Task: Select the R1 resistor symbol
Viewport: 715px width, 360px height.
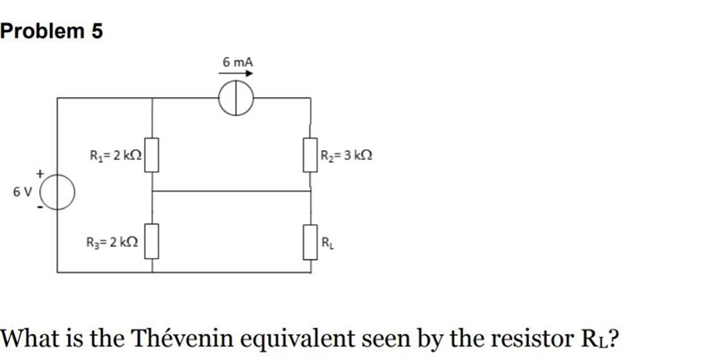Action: [x=153, y=155]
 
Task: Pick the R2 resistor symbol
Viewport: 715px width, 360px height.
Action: [x=311, y=155]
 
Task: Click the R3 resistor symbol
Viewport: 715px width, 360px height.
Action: [x=153, y=241]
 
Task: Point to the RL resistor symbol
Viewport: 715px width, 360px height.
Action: [x=311, y=241]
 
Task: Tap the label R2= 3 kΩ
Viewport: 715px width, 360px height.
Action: [x=347, y=155]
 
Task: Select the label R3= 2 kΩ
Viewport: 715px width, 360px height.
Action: [x=112, y=242]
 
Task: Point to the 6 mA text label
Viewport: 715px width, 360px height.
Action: [x=238, y=62]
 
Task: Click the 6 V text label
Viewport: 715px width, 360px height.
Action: [x=23, y=191]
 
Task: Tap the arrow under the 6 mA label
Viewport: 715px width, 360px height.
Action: [x=238, y=74]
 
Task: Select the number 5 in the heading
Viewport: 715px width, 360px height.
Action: [x=97, y=32]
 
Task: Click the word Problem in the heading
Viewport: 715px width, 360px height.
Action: [x=43, y=32]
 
